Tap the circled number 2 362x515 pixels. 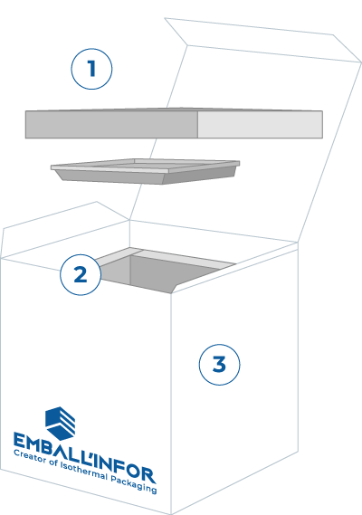point(81,275)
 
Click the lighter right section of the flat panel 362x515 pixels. point(259,124)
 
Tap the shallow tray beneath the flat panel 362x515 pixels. point(145,170)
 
